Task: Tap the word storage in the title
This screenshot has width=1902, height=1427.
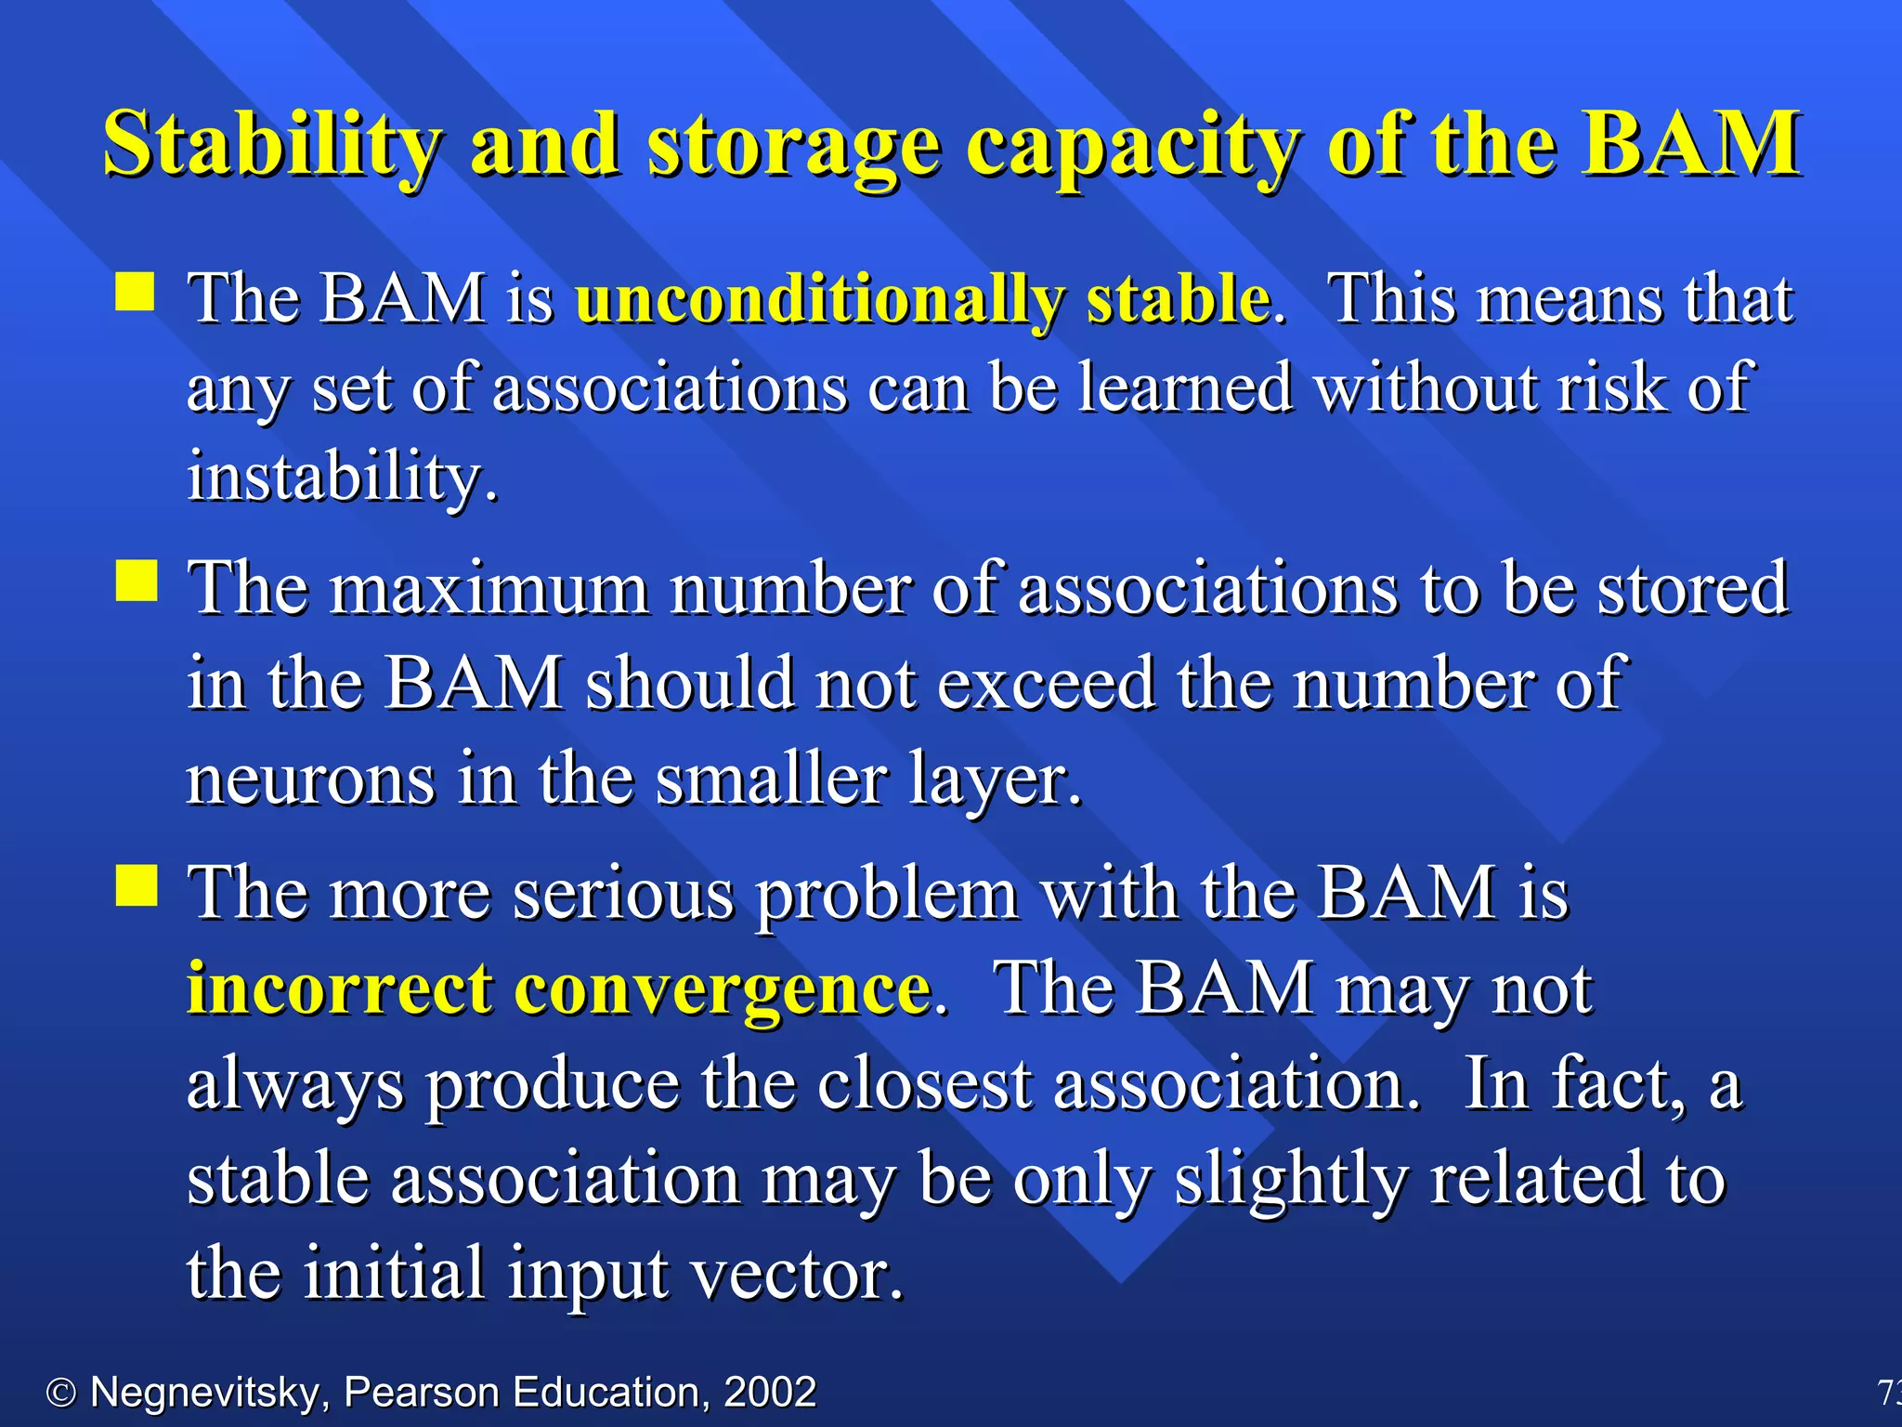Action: click(x=794, y=144)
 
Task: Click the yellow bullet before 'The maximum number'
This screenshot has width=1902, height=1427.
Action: click(x=136, y=582)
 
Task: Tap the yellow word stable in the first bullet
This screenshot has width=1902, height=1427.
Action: click(x=1178, y=300)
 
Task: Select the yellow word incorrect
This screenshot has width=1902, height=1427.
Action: click(x=339, y=988)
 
